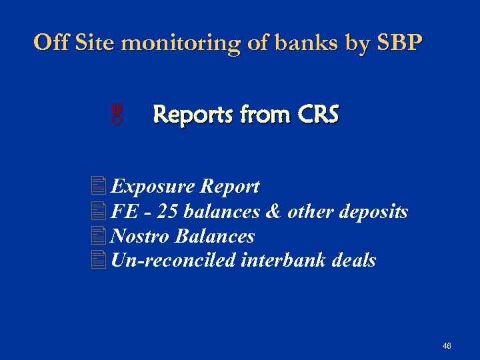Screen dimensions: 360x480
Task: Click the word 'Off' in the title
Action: point(52,43)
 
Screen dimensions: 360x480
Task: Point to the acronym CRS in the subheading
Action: point(318,115)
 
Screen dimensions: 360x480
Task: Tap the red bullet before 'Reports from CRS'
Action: point(117,115)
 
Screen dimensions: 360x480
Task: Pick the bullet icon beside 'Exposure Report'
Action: point(100,186)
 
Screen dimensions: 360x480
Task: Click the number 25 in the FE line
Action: point(169,212)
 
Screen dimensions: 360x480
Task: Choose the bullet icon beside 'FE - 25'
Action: point(100,211)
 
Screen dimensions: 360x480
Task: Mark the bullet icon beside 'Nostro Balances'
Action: point(100,236)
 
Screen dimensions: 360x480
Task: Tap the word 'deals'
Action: point(353,261)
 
